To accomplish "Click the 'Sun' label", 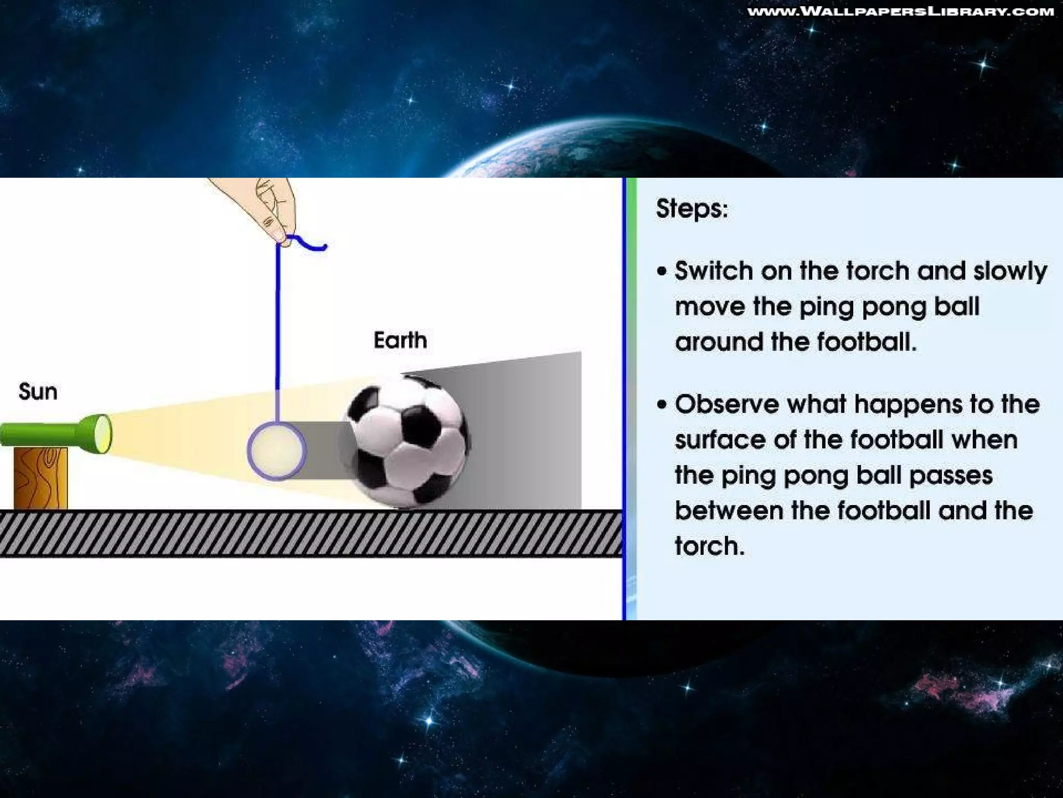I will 38,392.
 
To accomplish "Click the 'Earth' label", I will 400,341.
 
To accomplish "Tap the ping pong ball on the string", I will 277,451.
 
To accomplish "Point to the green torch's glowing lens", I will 104,433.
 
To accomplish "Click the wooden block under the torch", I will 40,478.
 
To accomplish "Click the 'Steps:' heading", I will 692,209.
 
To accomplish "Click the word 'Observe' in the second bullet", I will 727,405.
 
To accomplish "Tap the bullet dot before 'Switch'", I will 661,271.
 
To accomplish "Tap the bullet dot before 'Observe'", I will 661,405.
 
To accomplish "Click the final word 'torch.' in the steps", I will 710,547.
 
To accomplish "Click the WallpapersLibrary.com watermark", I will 901,11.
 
